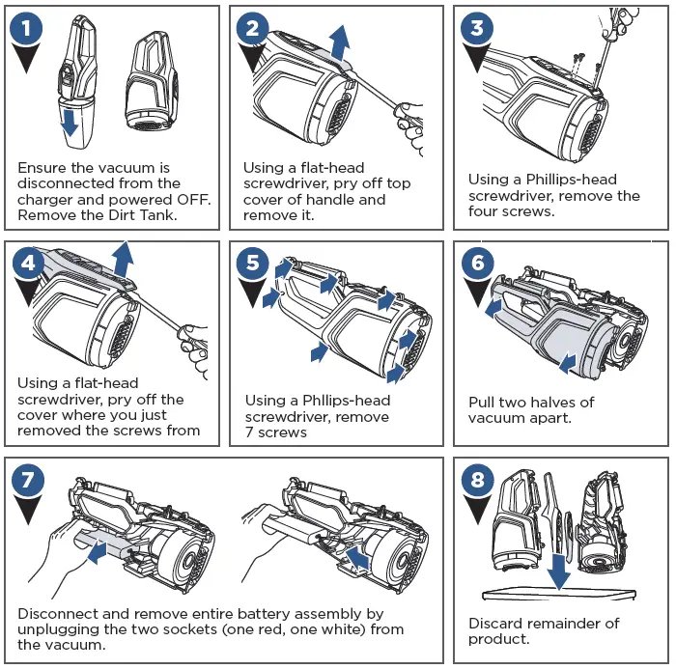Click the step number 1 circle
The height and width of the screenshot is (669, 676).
click(30, 28)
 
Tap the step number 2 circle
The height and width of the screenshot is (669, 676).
click(253, 28)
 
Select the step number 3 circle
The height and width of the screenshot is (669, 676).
click(477, 28)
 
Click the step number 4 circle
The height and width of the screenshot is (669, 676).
click(30, 263)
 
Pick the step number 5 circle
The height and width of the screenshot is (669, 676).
click(254, 263)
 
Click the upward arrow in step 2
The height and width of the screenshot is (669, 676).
click(339, 42)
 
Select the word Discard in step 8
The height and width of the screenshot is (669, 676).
click(496, 623)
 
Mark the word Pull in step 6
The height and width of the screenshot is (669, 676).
click(483, 402)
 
